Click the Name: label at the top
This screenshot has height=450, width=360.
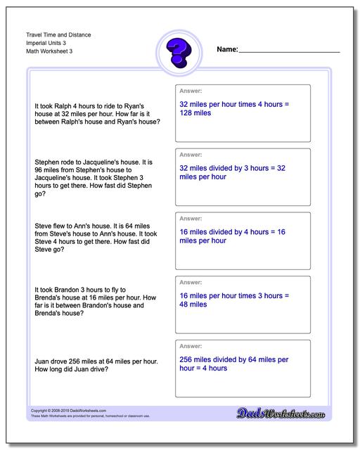pyautogui.click(x=228, y=50)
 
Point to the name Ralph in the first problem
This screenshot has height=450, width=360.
pyautogui.click(x=63, y=105)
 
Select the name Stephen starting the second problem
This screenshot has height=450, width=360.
pyautogui.click(x=46, y=162)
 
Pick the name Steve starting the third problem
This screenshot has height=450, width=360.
pyautogui.click(x=44, y=226)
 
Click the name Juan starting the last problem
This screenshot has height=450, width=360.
pyautogui.click(x=42, y=361)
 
